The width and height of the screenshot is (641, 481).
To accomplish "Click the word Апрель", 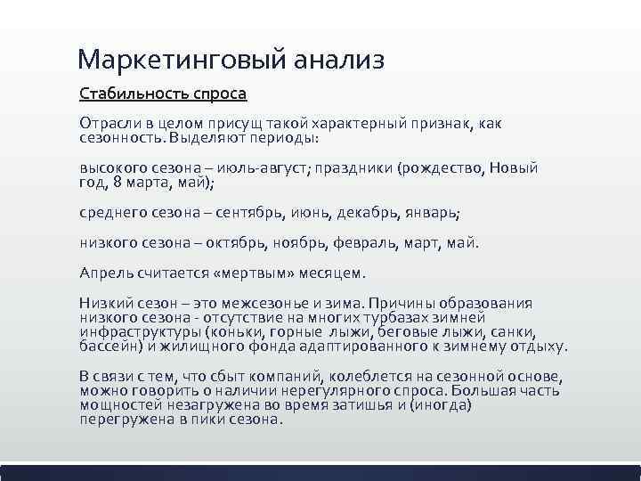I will (x=106, y=272).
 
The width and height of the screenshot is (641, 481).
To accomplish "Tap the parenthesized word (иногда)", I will (x=441, y=404).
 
